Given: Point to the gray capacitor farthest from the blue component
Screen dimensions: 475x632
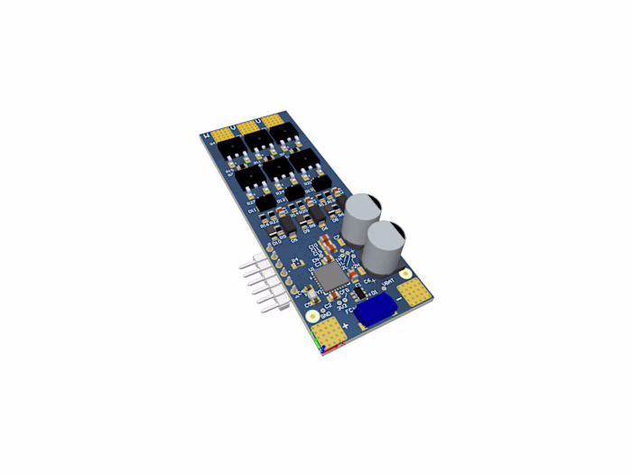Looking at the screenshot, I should coord(363,216).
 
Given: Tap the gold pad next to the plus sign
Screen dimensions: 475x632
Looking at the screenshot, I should coord(330,333).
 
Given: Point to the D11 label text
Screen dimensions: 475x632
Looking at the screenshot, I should coord(252,210).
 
